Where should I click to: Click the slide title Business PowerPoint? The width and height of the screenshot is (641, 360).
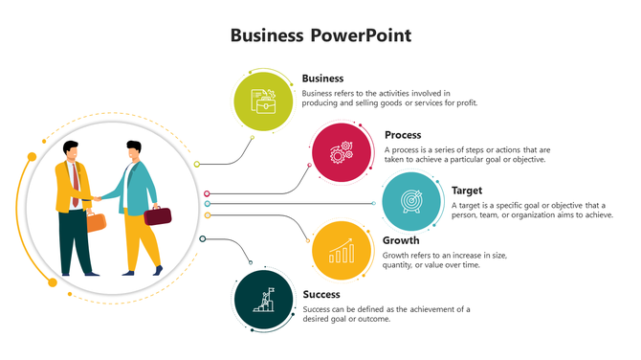click(320, 35)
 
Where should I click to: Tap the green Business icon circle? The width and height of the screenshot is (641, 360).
click(263, 100)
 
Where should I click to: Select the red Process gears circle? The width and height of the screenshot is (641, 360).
click(342, 151)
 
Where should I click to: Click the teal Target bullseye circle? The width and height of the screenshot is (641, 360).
click(411, 201)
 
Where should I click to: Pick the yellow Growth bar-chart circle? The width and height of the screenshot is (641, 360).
click(342, 251)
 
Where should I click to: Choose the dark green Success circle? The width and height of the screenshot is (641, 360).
click(263, 301)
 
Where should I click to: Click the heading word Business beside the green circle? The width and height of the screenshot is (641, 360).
click(322, 79)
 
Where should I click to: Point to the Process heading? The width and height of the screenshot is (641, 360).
click(403, 135)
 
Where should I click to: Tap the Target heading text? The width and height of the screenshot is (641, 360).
click(467, 191)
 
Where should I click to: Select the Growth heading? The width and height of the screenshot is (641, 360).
click(401, 240)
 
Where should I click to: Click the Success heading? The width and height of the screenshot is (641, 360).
click(321, 295)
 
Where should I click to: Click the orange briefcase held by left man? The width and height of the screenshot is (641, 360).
click(97, 222)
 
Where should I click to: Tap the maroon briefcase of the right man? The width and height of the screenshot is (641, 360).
click(158, 216)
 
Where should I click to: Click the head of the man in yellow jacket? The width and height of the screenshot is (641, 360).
click(70, 150)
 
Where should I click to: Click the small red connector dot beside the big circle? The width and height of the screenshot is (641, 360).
click(207, 194)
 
